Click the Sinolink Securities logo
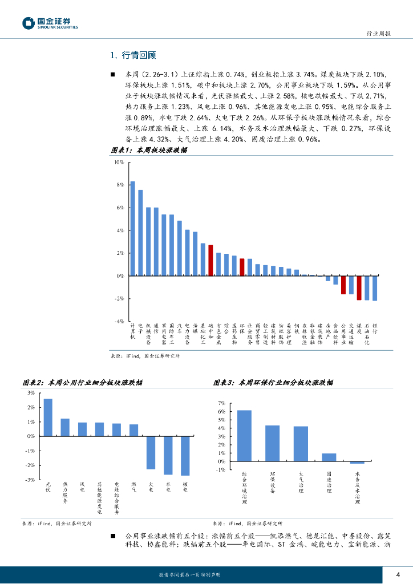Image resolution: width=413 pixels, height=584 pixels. point(50,23)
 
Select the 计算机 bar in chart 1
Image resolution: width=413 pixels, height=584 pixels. point(133,228)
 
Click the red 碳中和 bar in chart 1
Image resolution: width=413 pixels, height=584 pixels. point(210,260)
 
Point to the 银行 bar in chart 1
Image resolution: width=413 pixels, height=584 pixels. point(375,288)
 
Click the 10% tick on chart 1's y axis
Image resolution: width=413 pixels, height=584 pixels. point(120,163)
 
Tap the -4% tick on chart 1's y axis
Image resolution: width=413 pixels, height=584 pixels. point(120,321)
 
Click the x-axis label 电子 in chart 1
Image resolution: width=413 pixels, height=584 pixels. point(140,328)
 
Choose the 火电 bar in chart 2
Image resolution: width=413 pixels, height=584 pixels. point(151,453)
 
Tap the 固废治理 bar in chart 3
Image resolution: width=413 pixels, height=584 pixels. point(329,457)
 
